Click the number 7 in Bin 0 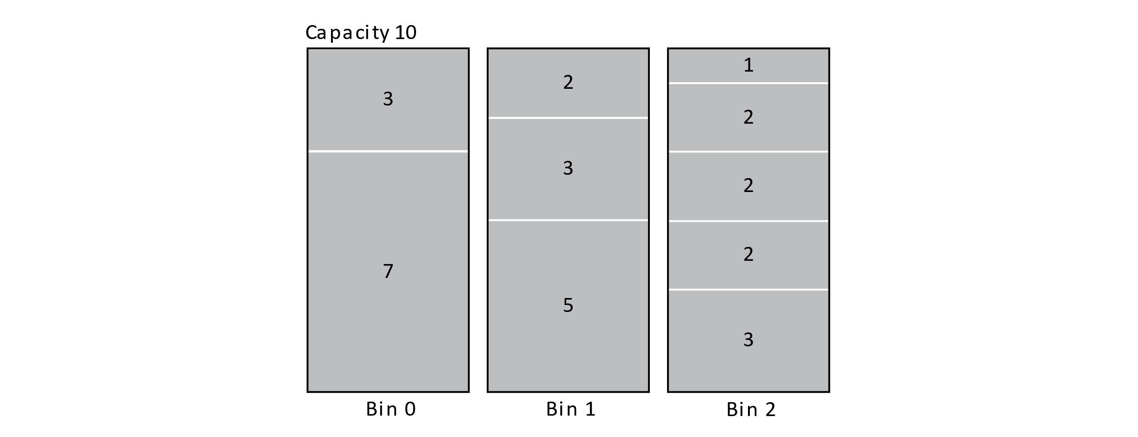pyautogui.click(x=388, y=271)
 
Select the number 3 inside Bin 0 pyautogui.click(x=388, y=99)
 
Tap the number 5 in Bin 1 pyautogui.click(x=568, y=305)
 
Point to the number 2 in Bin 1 pyautogui.click(x=568, y=82)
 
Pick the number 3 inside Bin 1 pyautogui.click(x=568, y=168)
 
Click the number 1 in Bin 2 pyautogui.click(x=748, y=65)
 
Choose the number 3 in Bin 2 pyautogui.click(x=748, y=340)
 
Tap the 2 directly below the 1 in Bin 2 pyautogui.click(x=748, y=117)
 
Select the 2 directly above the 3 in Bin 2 pyautogui.click(x=748, y=254)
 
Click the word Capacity pyautogui.click(x=347, y=33)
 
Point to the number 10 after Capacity pyautogui.click(x=405, y=33)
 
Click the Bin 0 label pyautogui.click(x=391, y=409)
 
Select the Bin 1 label pyautogui.click(x=571, y=409)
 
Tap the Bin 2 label pyautogui.click(x=751, y=410)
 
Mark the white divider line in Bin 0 pyautogui.click(x=388, y=151)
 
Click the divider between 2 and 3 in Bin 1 pyautogui.click(x=568, y=118)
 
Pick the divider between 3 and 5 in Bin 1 pyautogui.click(x=568, y=220)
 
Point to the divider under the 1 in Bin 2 pyautogui.click(x=748, y=83)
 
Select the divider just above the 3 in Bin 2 pyautogui.click(x=748, y=290)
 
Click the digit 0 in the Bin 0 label pyautogui.click(x=410, y=409)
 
